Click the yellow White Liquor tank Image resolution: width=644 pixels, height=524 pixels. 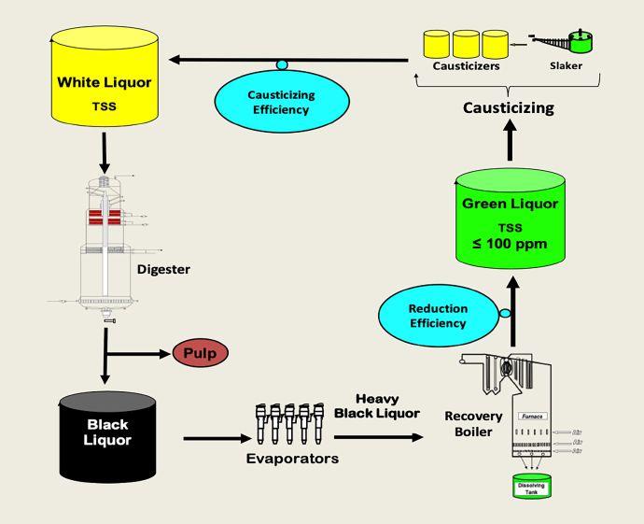[104, 89]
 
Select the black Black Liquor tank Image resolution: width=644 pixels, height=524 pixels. [107, 438]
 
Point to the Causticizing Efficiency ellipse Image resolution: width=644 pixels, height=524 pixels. [281, 103]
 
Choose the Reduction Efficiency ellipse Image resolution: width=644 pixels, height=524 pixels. [438, 316]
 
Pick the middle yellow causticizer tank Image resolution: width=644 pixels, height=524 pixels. [467, 43]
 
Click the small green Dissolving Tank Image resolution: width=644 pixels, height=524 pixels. [533, 487]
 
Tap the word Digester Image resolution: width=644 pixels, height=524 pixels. [163, 270]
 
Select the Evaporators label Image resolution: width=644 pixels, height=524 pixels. [292, 459]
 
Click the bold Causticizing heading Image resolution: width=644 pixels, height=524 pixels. [509, 107]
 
